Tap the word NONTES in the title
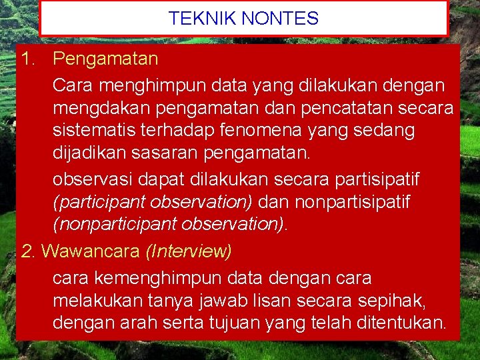tap(280, 19)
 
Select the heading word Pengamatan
tap(105, 59)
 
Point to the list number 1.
tap(27, 59)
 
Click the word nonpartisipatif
tap(353, 202)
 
